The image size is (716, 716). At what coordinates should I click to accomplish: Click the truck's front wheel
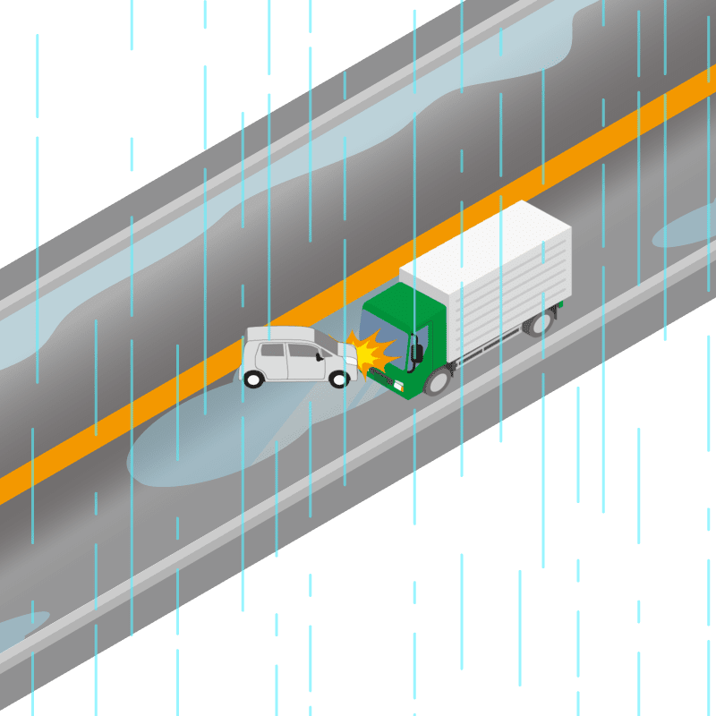click(437, 381)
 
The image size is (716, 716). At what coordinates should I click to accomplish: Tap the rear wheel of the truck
click(540, 322)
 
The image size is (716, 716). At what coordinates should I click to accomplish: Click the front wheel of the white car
click(339, 379)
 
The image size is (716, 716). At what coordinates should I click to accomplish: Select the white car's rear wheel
click(253, 379)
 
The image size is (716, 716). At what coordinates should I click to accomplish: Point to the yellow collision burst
click(372, 351)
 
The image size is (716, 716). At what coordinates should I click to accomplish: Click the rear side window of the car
click(272, 351)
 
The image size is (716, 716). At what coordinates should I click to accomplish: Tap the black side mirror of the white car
click(320, 357)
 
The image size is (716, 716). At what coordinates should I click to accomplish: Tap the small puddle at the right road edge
click(685, 229)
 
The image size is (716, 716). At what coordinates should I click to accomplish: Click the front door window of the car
click(302, 351)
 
